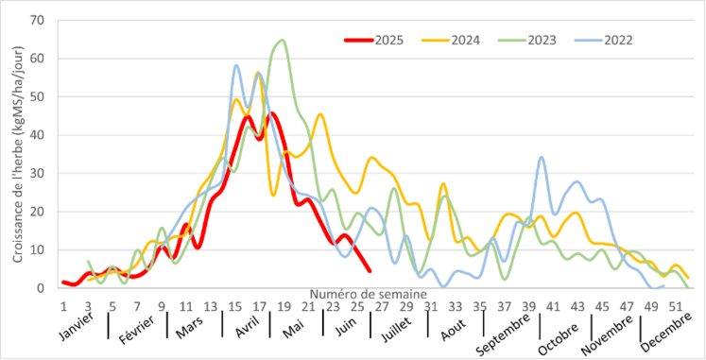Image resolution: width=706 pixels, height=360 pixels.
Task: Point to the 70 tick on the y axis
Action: tap(42, 20)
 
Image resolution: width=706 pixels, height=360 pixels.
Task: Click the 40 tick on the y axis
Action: tap(42, 134)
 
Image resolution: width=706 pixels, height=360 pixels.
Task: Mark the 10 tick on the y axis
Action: tap(42, 249)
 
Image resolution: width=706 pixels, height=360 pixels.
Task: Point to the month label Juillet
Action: tap(396, 326)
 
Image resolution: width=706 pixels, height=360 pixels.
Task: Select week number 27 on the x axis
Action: tap(379, 306)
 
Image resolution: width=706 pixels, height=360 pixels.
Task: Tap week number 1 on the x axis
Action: tap(63, 306)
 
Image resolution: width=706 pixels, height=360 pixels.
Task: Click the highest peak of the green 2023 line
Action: tap(283, 41)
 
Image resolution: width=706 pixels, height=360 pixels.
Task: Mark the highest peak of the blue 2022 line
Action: tap(236, 65)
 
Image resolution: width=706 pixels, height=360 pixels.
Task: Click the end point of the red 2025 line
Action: tap(369, 271)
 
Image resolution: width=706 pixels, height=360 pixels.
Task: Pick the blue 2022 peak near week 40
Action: tap(542, 157)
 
